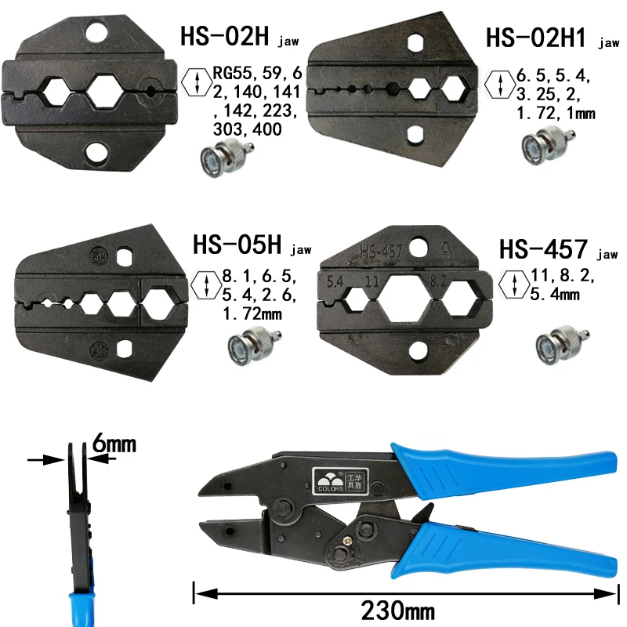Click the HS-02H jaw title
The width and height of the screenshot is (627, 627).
(239, 36)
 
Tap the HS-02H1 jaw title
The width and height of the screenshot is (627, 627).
(553, 38)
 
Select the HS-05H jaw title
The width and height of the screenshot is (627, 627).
(252, 245)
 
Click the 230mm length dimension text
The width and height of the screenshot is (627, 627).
(398, 611)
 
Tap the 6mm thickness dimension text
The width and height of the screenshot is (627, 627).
(114, 444)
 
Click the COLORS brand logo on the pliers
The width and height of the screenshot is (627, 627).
(340, 480)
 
